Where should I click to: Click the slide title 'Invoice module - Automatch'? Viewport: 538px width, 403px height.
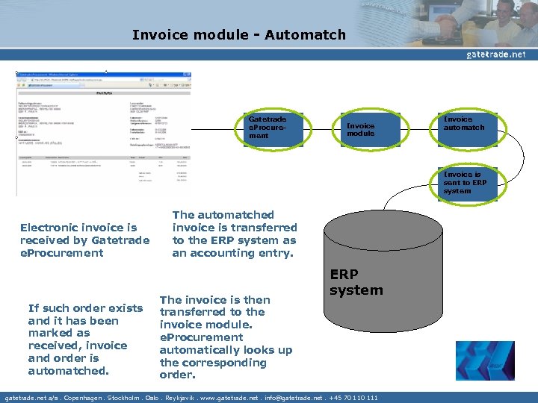(x=238, y=35)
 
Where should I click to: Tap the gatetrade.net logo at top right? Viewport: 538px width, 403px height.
(x=495, y=54)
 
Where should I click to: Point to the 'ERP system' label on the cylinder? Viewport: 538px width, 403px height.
(x=356, y=283)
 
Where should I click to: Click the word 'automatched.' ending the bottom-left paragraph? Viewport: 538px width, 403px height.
(x=69, y=371)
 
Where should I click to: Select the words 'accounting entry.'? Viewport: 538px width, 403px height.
(x=234, y=253)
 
